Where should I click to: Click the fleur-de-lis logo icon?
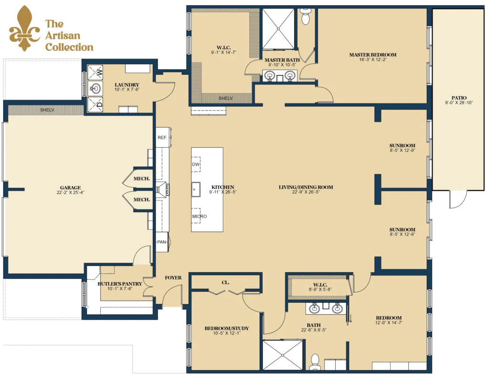(25, 29)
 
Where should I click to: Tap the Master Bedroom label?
(372, 55)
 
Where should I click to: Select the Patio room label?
(459, 98)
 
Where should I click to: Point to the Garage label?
(71, 187)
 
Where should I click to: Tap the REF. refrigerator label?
(162, 137)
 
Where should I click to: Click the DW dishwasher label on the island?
(196, 164)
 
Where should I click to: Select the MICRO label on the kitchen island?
(199, 216)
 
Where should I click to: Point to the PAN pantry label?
(161, 242)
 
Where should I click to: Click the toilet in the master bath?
(306, 16)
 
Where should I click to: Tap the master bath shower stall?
(278, 29)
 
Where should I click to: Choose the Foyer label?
(173, 277)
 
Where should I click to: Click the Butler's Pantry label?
(120, 284)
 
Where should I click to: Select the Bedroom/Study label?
(227, 328)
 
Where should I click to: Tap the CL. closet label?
(225, 282)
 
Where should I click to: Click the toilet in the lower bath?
(315, 362)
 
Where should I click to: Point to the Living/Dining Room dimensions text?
(306, 192)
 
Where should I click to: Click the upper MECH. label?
(141, 179)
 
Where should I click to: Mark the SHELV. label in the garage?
(47, 110)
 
